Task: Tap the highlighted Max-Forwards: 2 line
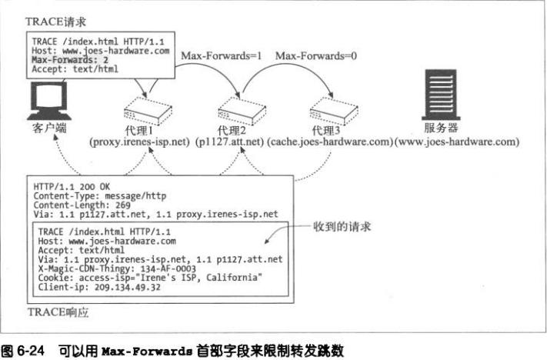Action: [x=67, y=58]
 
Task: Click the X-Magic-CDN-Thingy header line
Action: [x=122, y=268]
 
